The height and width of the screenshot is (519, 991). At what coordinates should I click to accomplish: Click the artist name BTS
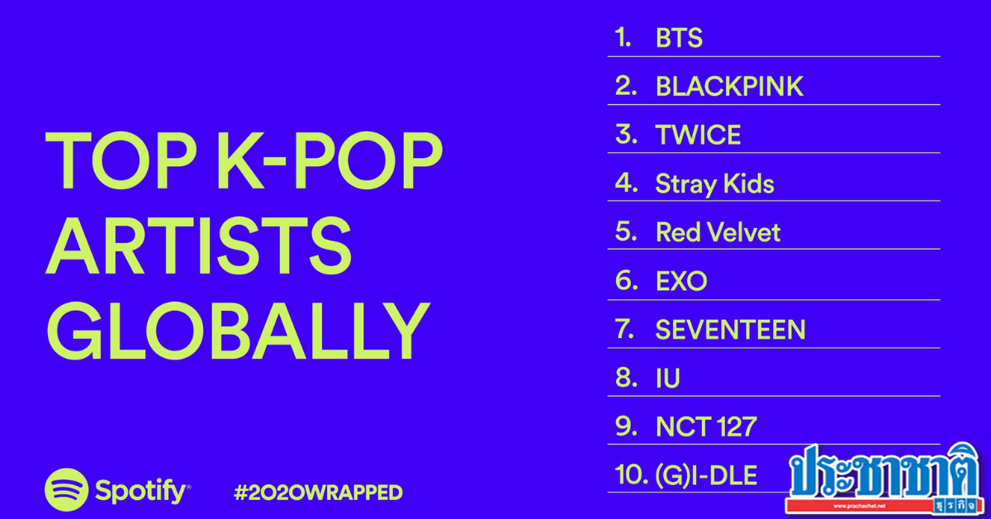click(679, 38)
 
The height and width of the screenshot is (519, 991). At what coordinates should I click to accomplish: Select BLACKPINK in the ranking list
click(729, 87)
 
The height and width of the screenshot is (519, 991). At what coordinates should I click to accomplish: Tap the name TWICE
click(698, 136)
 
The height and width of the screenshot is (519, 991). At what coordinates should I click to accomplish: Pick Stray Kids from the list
click(714, 183)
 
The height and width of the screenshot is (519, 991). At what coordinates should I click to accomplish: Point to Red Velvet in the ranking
click(718, 232)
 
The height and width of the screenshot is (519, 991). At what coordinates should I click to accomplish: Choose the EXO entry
click(681, 281)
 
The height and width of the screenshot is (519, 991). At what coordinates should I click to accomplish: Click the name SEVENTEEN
click(730, 330)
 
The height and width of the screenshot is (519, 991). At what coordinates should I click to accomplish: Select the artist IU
click(667, 379)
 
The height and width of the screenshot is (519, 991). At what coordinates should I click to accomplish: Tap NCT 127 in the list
click(706, 427)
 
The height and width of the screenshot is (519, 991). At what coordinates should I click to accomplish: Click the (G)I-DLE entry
click(706, 476)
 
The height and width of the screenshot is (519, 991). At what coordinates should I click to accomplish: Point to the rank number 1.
click(623, 38)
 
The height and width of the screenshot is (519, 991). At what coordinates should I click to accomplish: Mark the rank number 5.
click(625, 232)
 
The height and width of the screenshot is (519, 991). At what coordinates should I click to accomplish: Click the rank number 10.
click(628, 476)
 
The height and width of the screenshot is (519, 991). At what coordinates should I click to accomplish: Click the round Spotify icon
click(66, 490)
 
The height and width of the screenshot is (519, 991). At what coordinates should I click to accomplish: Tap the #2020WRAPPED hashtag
click(318, 493)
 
